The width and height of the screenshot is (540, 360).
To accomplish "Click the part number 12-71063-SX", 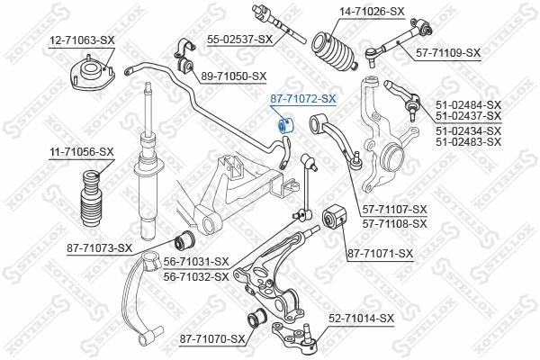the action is point(82,40).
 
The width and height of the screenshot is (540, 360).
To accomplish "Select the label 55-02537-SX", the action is point(239,40).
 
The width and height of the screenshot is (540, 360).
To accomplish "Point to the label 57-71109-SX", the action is point(446,54).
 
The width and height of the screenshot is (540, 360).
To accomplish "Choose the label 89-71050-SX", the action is point(234,76).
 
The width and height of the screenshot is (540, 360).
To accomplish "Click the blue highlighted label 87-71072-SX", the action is point(303,98).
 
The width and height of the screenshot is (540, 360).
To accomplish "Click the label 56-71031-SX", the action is point(195,261).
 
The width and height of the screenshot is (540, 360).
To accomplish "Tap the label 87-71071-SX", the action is point(380,254).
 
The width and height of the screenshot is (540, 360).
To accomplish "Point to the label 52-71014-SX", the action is point(361,318).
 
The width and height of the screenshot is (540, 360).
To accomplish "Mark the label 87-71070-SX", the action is point(212,339).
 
